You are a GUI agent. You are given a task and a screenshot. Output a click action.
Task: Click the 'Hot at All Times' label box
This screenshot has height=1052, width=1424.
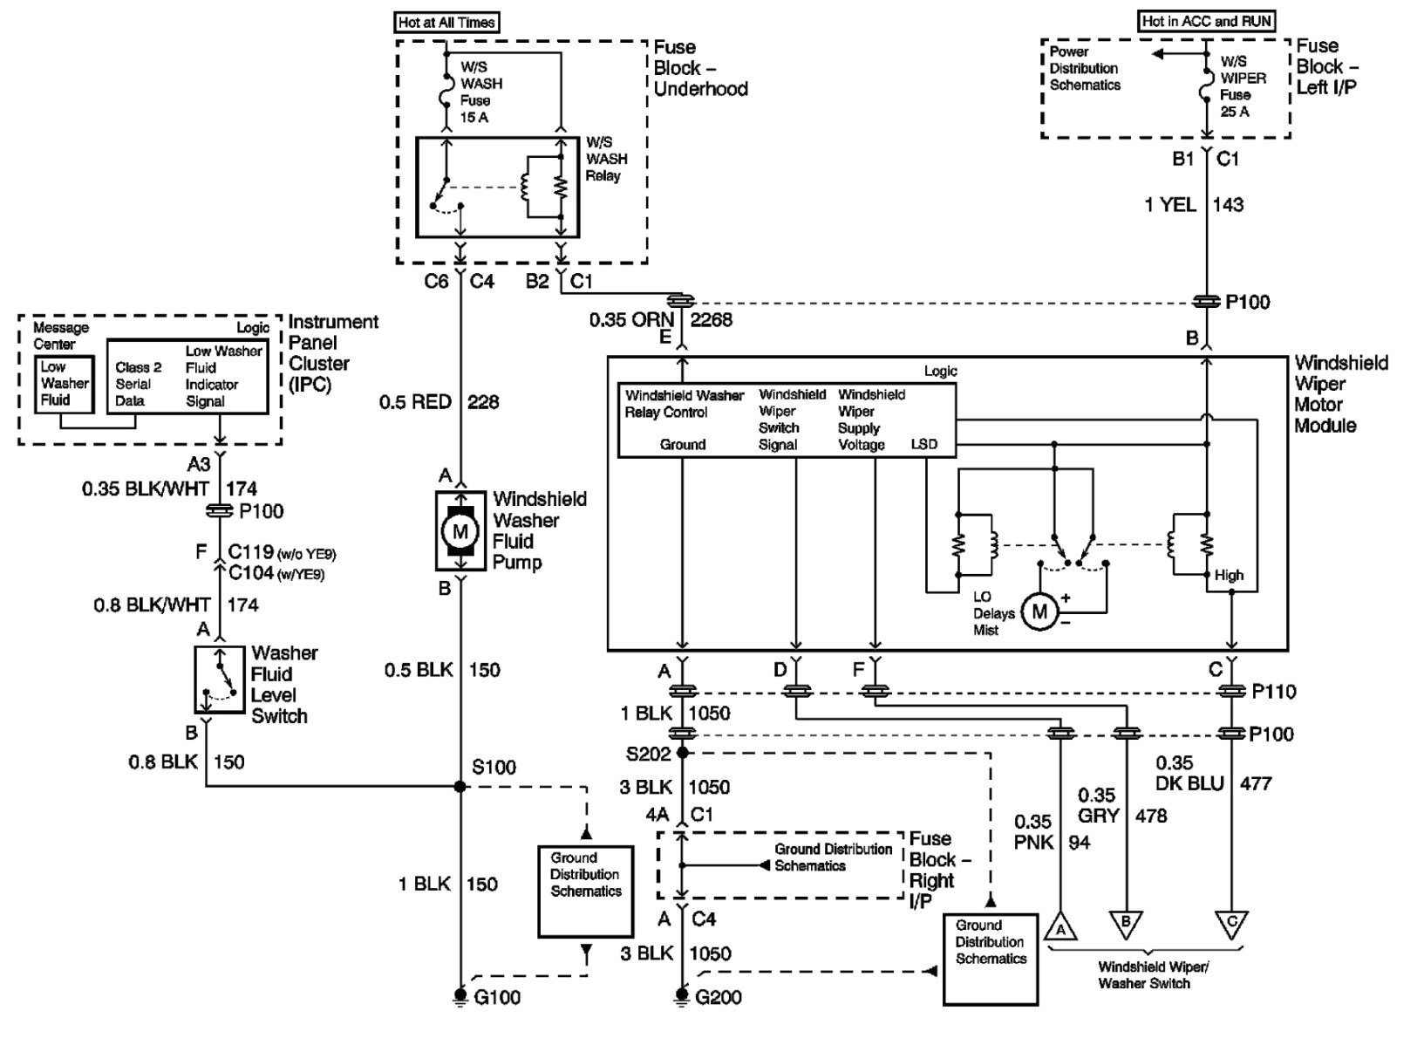(x=447, y=23)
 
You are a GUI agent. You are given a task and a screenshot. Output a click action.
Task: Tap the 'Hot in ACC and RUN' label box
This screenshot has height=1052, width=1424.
(x=1207, y=21)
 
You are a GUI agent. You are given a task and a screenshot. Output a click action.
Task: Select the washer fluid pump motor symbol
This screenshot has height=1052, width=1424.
(x=460, y=531)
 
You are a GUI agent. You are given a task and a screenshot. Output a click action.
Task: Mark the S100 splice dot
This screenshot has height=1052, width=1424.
(x=460, y=787)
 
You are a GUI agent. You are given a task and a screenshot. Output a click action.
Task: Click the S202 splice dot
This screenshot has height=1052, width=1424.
(x=682, y=752)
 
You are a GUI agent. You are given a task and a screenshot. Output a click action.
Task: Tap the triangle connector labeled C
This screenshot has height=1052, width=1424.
(x=1231, y=923)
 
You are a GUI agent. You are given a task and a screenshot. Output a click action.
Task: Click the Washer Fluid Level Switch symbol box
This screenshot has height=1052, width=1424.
(x=220, y=680)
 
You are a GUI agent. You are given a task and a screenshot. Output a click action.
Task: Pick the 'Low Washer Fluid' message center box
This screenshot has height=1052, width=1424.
(x=64, y=384)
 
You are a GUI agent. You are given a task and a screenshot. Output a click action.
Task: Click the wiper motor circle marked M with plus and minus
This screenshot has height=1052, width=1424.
(x=1039, y=611)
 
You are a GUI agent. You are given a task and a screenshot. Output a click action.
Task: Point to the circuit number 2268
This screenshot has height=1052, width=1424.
(x=712, y=320)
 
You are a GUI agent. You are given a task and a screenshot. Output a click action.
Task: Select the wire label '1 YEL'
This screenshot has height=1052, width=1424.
(x=1169, y=205)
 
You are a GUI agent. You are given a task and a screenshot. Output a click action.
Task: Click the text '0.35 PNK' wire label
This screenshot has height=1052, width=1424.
(x=1033, y=832)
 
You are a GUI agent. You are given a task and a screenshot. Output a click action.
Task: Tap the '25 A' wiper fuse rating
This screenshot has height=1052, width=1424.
(x=1234, y=112)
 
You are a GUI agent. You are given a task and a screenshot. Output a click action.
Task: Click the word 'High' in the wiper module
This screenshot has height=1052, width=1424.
(x=1229, y=576)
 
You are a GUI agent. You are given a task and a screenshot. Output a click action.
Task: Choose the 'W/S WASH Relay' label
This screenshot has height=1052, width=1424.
(x=606, y=159)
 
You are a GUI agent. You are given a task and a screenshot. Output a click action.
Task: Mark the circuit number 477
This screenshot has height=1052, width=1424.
(x=1256, y=783)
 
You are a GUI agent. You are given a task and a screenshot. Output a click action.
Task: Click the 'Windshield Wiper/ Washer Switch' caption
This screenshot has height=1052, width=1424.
(x=1144, y=975)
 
